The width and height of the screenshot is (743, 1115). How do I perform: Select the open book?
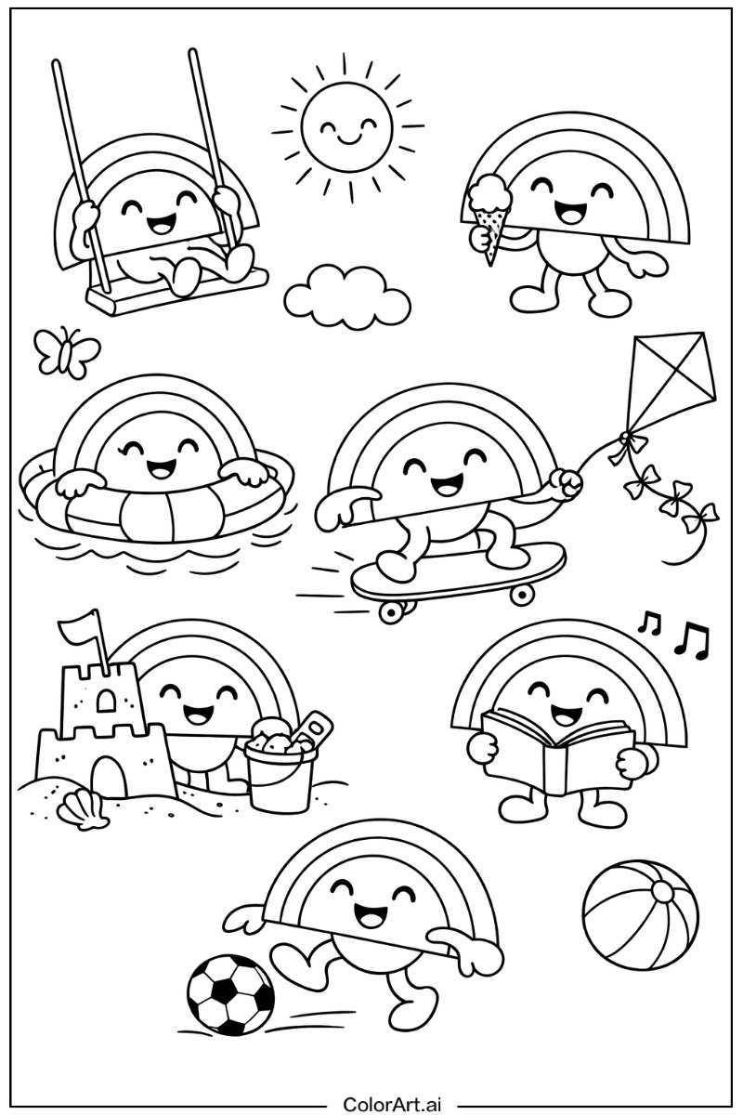pyautogui.click(x=558, y=753)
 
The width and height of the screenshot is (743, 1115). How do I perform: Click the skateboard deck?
pyautogui.click(x=458, y=570)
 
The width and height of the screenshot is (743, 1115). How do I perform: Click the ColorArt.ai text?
pyautogui.click(x=392, y=1103)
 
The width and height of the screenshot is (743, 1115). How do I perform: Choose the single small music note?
pyautogui.click(x=649, y=623)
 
